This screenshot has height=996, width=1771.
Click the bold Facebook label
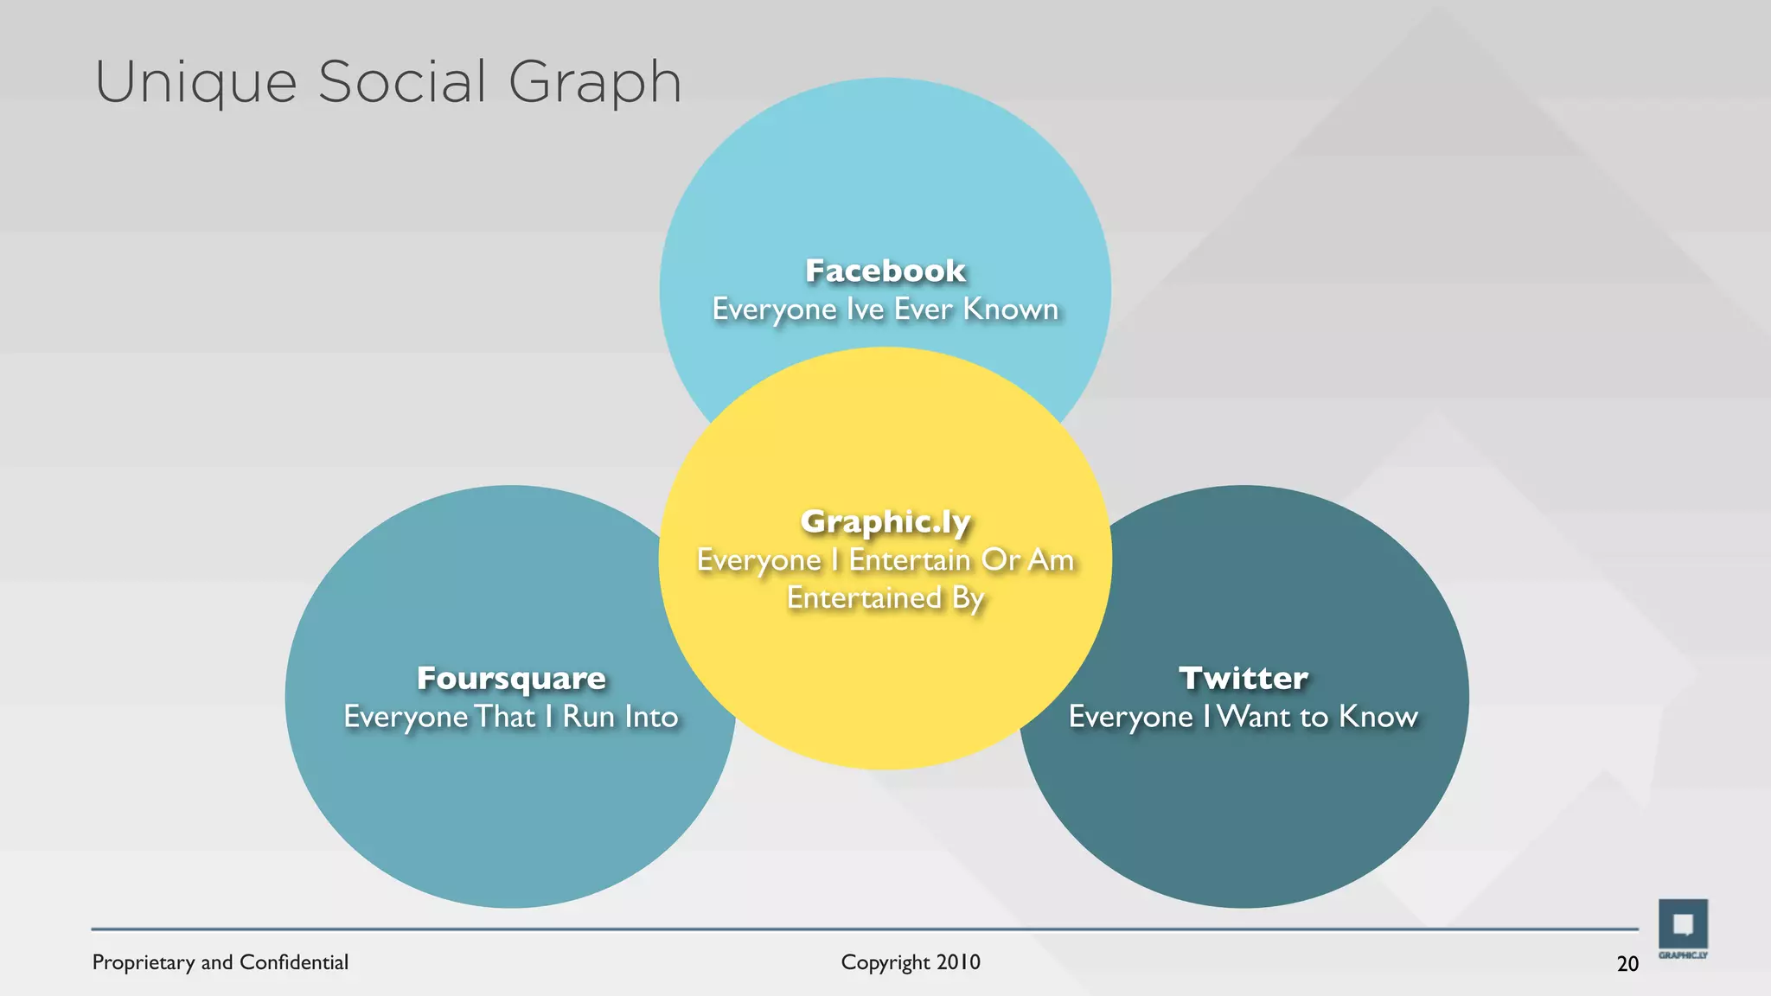pyautogui.click(x=885, y=271)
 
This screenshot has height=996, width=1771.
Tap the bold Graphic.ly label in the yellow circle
pyautogui.click(x=885, y=522)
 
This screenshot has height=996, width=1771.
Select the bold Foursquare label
pyautogui.click(x=511, y=679)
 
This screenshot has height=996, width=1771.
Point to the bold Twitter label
pyautogui.click(x=1244, y=679)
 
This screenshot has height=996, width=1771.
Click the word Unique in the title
pyautogui.click(x=195, y=84)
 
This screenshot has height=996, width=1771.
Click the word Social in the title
pyautogui.click(x=402, y=83)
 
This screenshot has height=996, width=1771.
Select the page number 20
pyautogui.click(x=1627, y=964)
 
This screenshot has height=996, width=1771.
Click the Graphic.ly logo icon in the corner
pyautogui.click(x=1683, y=925)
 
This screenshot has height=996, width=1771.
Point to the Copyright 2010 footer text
pyautogui.click(x=911, y=962)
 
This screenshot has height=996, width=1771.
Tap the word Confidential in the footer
pyautogui.click(x=294, y=962)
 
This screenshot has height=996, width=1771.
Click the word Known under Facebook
pyautogui.click(x=1011, y=310)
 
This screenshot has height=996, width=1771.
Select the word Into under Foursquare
pyautogui.click(x=651, y=717)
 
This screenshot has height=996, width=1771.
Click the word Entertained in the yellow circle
pyautogui.click(x=864, y=598)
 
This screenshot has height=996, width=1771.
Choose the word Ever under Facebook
pyautogui.click(x=924, y=310)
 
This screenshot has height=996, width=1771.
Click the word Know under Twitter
pyautogui.click(x=1378, y=717)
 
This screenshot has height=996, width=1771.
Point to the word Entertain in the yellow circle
pyautogui.click(x=910, y=560)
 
